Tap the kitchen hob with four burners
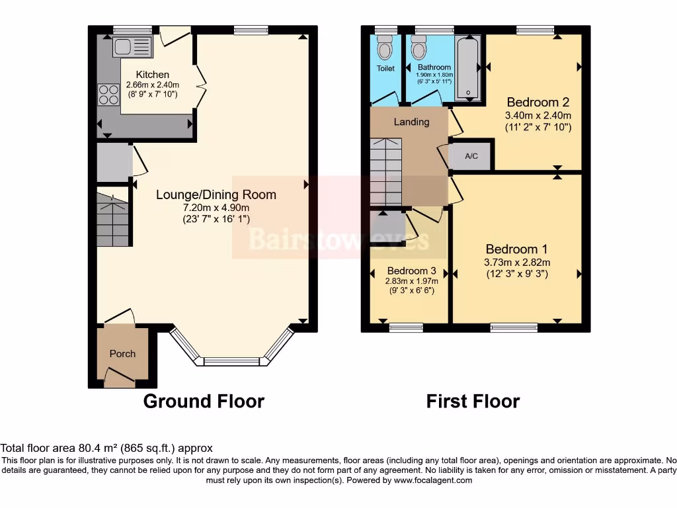tap(107, 95)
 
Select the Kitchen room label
tap(153, 75)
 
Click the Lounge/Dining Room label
tap(216, 194)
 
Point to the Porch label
tap(122, 354)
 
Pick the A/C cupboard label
tap(471, 156)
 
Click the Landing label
tap(411, 122)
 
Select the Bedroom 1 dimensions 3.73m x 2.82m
tap(517, 262)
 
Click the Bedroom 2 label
tap(538, 102)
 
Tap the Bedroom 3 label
tap(411, 271)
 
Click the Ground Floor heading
tap(204, 401)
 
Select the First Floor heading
tap(473, 401)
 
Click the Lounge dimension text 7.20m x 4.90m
tap(216, 208)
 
